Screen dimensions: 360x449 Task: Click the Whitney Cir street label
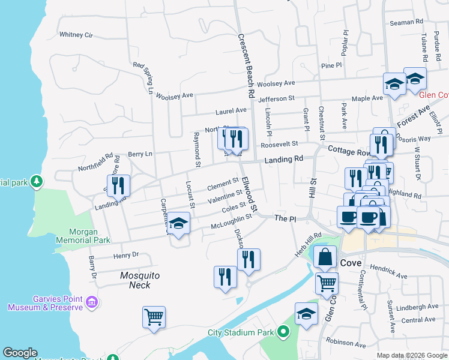76,35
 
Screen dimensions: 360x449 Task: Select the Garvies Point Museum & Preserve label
45,303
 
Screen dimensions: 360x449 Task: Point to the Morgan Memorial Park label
83,236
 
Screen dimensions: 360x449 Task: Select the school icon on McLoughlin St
178,224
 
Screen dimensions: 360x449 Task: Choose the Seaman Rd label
406,22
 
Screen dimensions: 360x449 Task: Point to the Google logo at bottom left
20,353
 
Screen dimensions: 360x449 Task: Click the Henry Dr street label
126,255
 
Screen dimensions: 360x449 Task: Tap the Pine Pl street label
331,65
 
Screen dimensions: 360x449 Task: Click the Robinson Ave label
346,345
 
